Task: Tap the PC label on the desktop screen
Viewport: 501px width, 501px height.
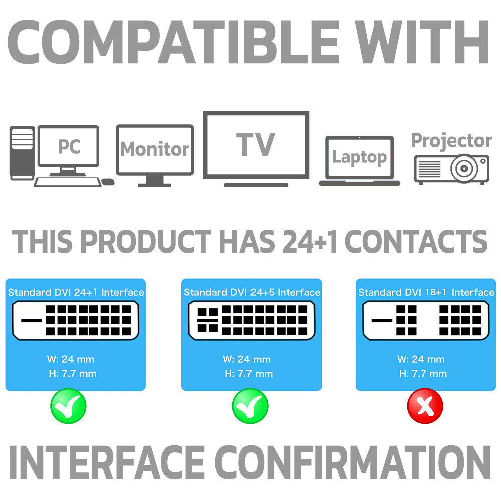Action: tap(69, 146)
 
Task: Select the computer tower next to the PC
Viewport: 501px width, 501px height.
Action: tap(22, 153)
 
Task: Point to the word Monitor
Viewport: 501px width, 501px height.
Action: tap(154, 149)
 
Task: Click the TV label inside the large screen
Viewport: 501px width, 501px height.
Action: tap(256, 144)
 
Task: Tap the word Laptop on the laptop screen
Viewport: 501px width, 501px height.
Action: tap(359, 157)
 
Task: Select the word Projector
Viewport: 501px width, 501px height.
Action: tap(451, 141)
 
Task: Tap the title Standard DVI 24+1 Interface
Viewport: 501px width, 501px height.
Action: tap(76, 292)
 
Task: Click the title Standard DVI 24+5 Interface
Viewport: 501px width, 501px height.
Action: tap(252, 292)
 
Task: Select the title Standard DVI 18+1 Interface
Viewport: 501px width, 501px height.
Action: tap(426, 292)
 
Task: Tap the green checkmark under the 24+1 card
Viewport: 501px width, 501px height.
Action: tap(68, 406)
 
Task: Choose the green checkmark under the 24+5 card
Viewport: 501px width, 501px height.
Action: tap(250, 406)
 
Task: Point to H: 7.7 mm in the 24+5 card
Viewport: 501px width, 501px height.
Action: tap(248, 373)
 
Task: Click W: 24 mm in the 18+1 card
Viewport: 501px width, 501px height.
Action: tap(421, 359)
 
